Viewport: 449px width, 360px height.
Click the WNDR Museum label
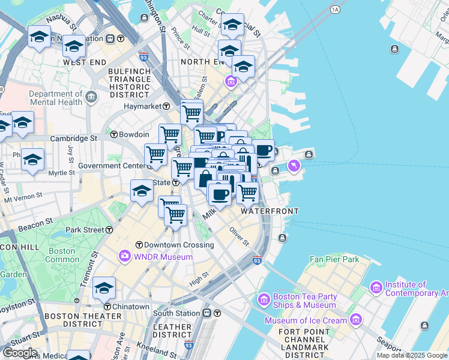pyautogui.click(x=163, y=257)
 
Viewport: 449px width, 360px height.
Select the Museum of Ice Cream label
pyautogui.click(x=306, y=320)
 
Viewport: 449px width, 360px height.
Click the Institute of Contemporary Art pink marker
pyautogui.click(x=376, y=289)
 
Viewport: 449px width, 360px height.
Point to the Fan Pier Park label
pyautogui.click(x=334, y=259)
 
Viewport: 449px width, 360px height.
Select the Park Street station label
pyautogui.click(x=85, y=230)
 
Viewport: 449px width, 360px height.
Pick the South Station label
pyautogui.click(x=176, y=313)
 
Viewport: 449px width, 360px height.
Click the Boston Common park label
pyautogui.click(x=62, y=256)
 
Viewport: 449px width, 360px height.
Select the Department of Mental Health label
pyautogui.click(x=55, y=98)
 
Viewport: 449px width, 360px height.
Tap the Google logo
pyautogui.click(x=20, y=353)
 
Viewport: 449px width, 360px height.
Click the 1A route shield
pyautogui.click(x=335, y=10)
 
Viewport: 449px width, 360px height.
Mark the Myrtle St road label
pyautogui.click(x=61, y=173)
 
